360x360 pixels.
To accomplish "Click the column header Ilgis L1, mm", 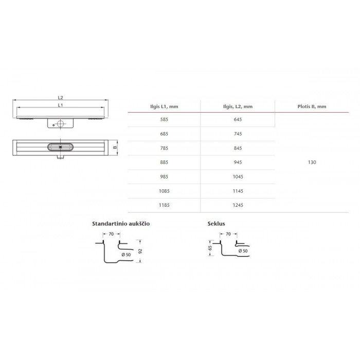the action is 164,106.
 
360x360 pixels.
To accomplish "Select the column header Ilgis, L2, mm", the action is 238,106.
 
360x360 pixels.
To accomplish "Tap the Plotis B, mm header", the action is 312,106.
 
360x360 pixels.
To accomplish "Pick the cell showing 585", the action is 164,119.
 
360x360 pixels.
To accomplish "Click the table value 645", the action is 238,119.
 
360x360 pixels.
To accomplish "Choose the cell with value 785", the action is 164,148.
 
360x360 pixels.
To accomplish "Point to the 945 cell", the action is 238,163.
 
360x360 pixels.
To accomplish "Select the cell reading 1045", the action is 238,177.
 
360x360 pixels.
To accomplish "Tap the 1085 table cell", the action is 164,191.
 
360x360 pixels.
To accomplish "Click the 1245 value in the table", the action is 238,205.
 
